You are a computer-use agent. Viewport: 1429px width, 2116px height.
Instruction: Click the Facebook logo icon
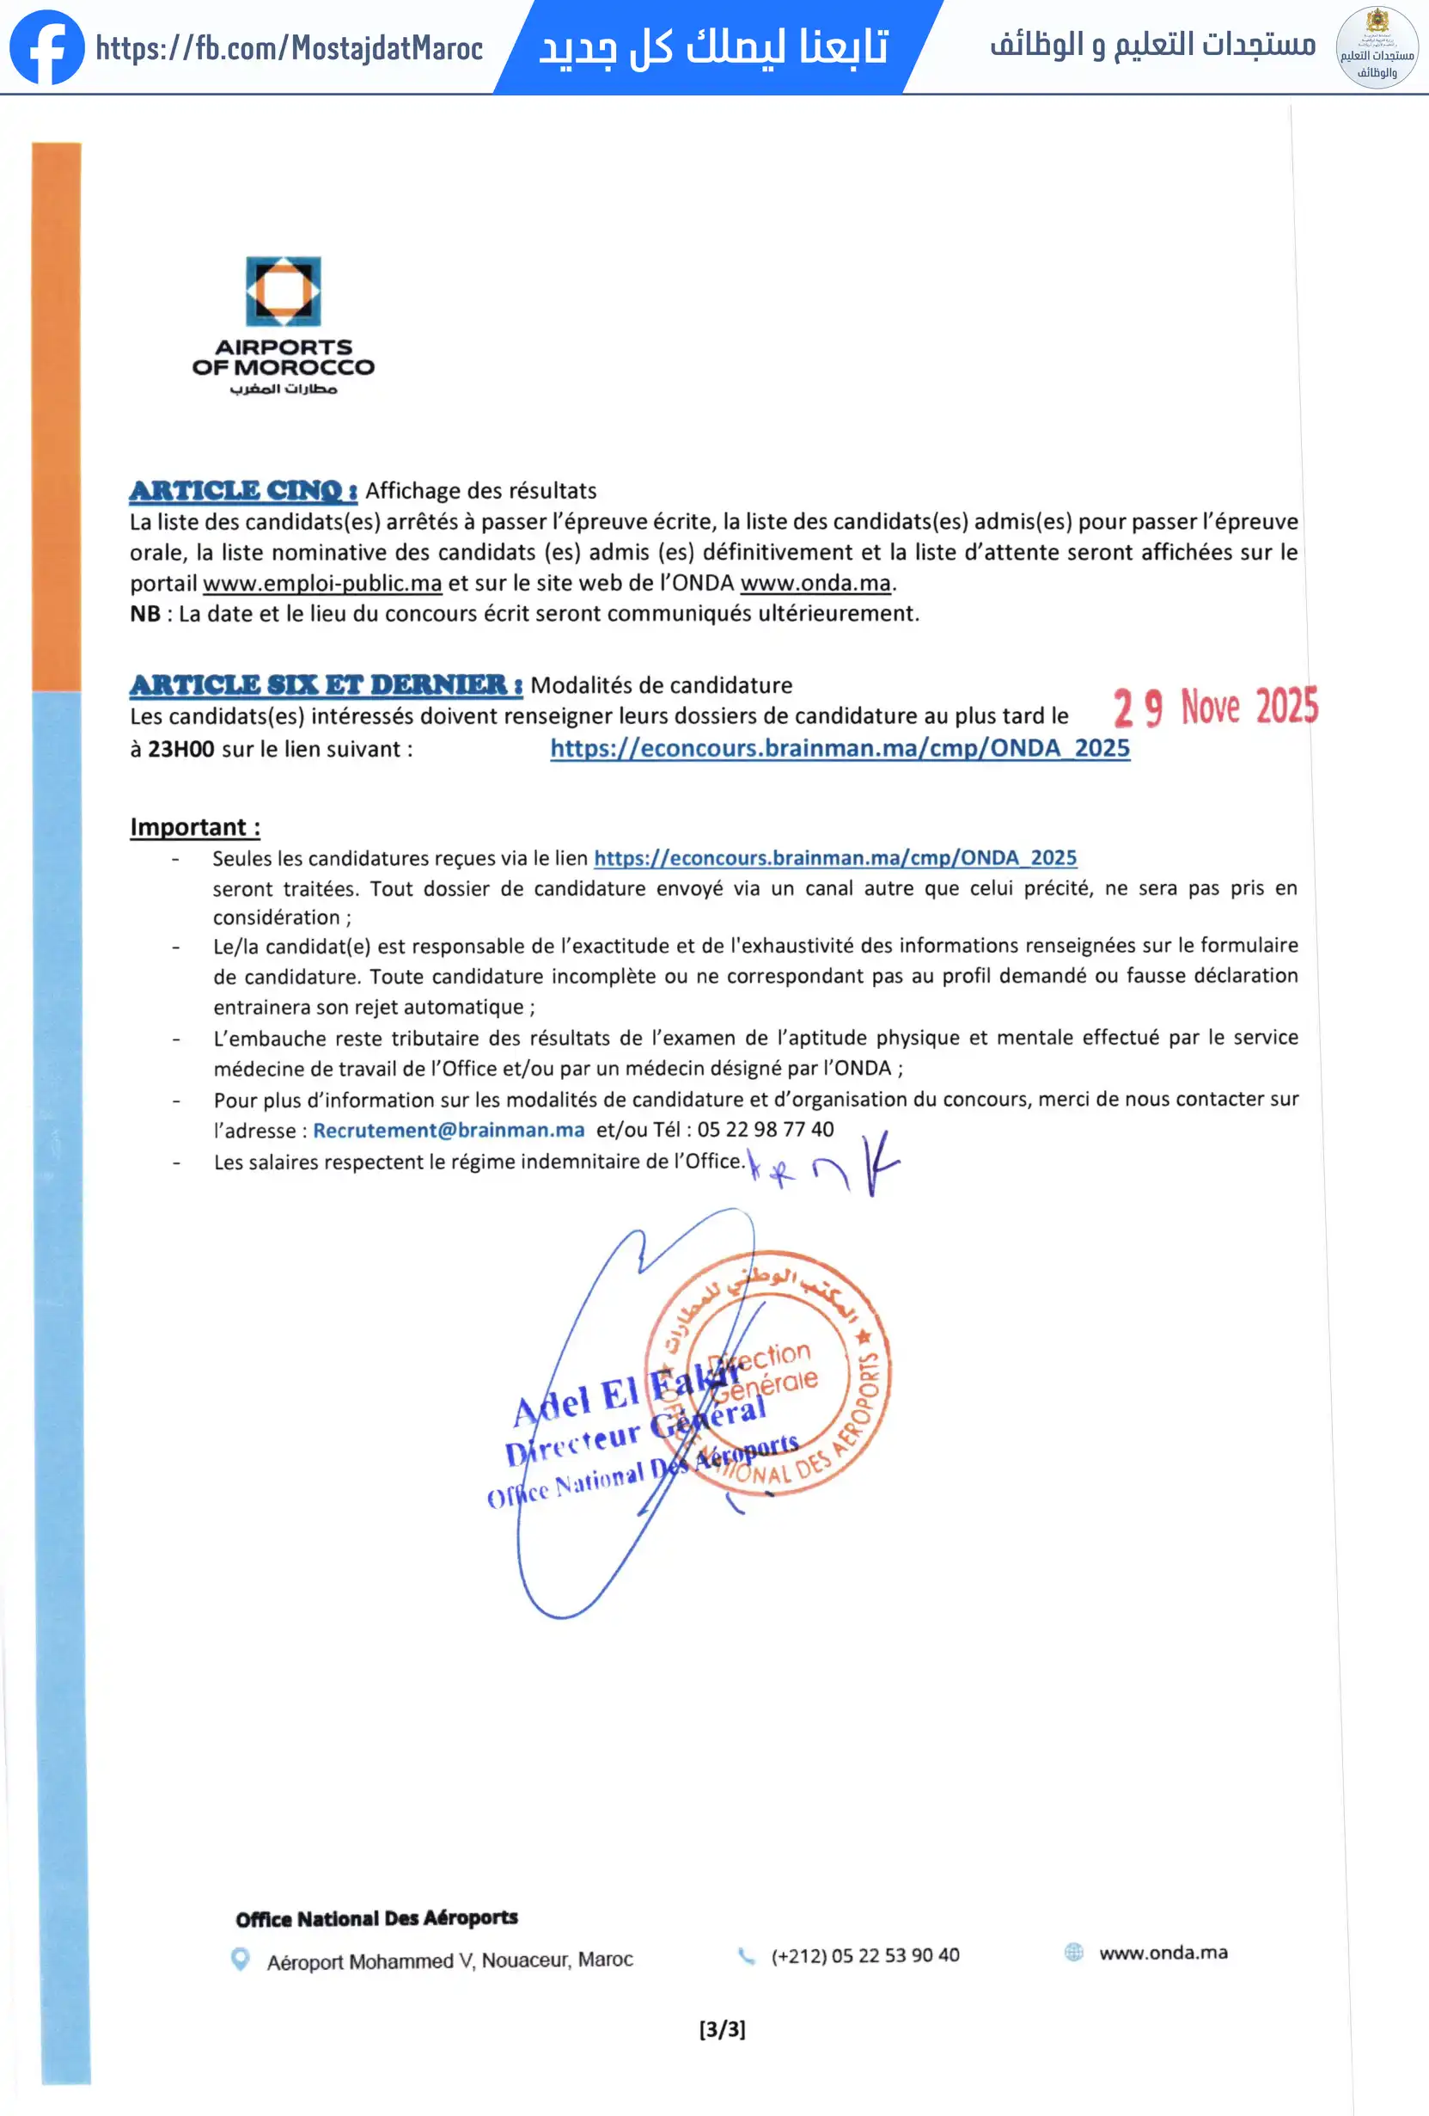[x=46, y=47]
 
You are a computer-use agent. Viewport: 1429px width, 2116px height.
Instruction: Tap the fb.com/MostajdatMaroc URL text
[x=289, y=48]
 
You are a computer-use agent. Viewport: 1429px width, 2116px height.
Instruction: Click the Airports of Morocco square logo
[x=283, y=291]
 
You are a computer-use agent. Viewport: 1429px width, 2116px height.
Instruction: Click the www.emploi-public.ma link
[x=322, y=583]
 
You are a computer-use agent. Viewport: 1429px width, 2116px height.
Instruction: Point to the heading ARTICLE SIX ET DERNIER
[x=325, y=684]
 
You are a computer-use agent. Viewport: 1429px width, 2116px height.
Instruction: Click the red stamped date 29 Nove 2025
[x=1215, y=708]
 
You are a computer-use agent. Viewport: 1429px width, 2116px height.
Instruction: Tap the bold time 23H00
[x=181, y=750]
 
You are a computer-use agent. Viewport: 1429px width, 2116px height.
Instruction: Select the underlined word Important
[x=195, y=827]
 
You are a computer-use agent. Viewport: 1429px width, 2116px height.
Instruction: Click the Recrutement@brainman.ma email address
[x=449, y=1130]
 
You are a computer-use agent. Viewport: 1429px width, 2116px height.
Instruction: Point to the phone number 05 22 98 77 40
[x=766, y=1129]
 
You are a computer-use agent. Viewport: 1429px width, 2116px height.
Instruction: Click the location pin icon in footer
[x=241, y=1959]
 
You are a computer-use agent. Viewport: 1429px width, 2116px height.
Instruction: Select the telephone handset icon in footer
[x=747, y=1956]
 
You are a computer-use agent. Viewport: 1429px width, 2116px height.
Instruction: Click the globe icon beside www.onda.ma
[x=1074, y=1952]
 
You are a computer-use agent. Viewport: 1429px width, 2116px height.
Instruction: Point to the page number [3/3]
[x=722, y=2028]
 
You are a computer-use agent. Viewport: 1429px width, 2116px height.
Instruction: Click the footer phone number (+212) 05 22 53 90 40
[x=864, y=1956]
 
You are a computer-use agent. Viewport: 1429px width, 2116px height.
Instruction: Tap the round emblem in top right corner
[x=1377, y=47]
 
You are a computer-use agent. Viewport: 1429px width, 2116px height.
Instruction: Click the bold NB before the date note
[x=144, y=614]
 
